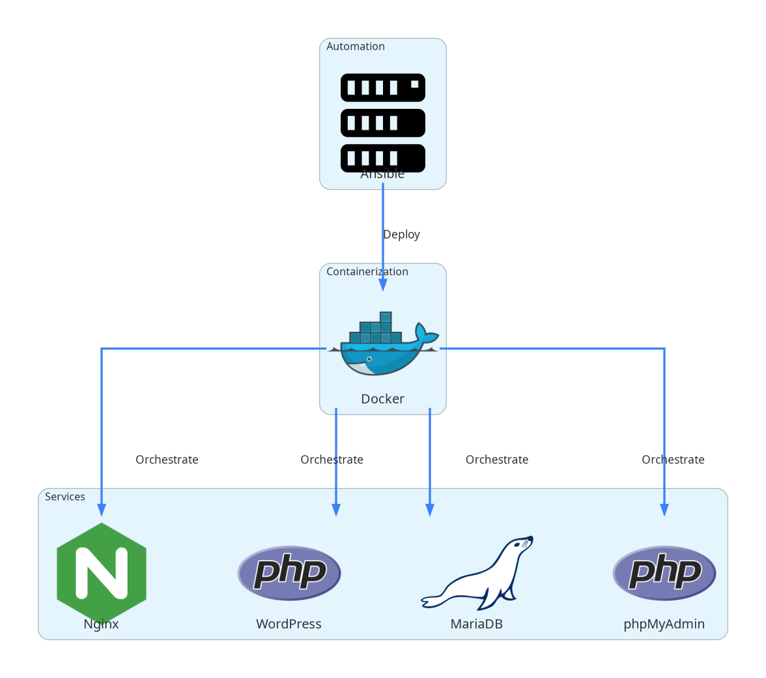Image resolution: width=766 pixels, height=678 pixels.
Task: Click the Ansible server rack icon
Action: (x=383, y=123)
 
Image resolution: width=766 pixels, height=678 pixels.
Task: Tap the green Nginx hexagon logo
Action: (x=102, y=573)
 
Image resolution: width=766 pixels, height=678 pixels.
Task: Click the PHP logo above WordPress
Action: (x=289, y=573)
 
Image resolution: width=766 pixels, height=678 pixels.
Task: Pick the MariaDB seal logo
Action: (x=477, y=573)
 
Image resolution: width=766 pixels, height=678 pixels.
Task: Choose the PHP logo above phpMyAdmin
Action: (x=664, y=573)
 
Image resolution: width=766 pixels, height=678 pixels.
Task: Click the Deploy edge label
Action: (x=401, y=234)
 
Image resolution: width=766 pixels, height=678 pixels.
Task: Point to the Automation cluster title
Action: (x=356, y=46)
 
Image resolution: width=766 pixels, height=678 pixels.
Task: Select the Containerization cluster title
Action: (x=367, y=271)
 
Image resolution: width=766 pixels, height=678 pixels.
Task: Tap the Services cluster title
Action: (x=65, y=497)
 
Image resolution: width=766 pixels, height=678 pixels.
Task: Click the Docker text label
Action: (x=383, y=399)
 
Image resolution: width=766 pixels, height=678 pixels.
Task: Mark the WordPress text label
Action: (x=289, y=624)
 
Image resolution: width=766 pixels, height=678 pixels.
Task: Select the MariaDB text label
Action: (x=477, y=624)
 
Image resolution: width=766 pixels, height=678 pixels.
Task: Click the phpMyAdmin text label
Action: (x=664, y=624)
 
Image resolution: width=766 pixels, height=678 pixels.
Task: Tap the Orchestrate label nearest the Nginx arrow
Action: (x=167, y=460)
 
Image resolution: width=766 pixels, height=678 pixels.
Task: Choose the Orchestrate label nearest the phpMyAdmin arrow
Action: (x=673, y=460)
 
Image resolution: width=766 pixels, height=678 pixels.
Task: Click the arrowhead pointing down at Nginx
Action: (x=102, y=510)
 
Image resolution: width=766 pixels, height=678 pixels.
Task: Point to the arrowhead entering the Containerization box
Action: (x=383, y=285)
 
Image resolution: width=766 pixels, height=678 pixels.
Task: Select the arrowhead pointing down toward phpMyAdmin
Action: (x=664, y=510)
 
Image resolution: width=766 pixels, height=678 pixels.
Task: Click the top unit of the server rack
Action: (x=383, y=87)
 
